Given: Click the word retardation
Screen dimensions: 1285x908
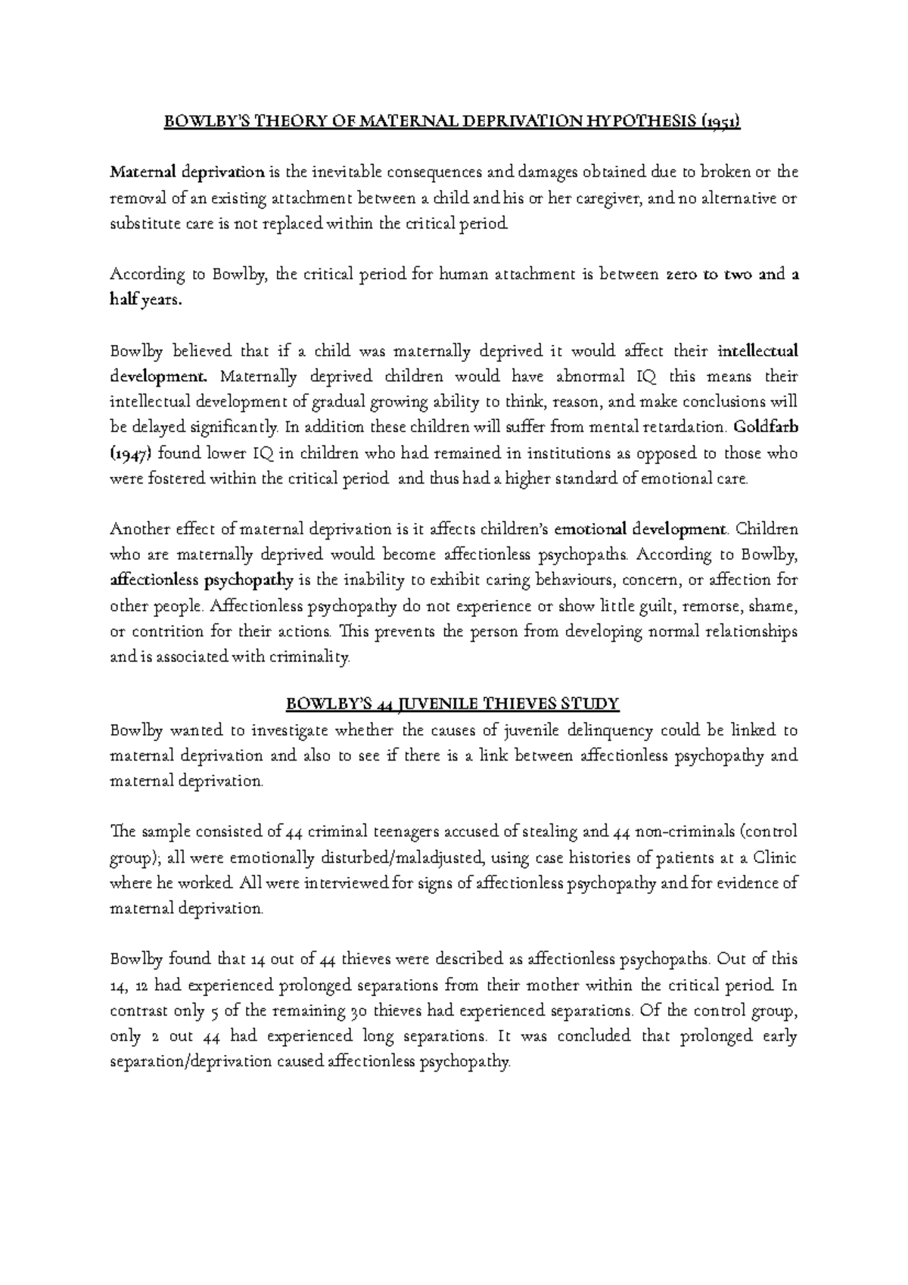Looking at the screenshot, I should tap(687, 427).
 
